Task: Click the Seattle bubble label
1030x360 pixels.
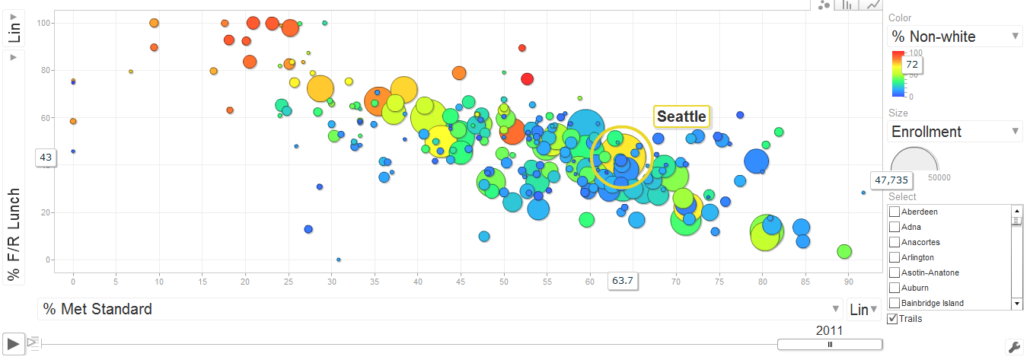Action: coord(681,116)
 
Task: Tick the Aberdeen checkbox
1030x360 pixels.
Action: coord(894,212)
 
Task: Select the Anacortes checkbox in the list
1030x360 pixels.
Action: coord(894,242)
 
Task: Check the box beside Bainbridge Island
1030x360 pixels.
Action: coord(894,303)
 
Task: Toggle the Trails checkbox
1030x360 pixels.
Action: coord(893,318)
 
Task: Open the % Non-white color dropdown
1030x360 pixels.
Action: coord(955,37)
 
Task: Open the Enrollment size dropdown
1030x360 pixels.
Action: coord(955,132)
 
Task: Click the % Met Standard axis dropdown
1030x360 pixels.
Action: coord(440,309)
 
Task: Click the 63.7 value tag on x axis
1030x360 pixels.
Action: coord(622,281)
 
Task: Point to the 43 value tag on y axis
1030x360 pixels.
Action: coord(46,157)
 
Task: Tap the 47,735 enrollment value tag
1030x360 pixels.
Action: coord(891,180)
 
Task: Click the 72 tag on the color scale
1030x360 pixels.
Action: coord(911,65)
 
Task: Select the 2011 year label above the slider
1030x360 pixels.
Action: coord(829,331)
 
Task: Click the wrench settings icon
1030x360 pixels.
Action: coord(1013,346)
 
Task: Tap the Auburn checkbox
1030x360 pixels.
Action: coord(894,288)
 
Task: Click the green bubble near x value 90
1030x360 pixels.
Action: coord(843,251)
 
